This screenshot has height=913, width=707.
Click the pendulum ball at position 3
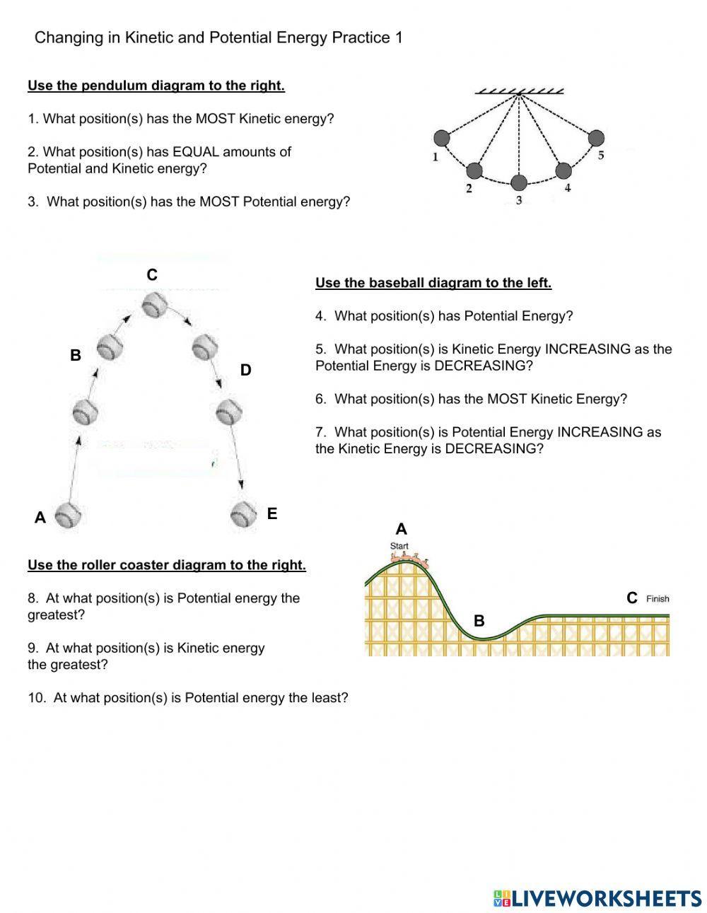tap(519, 183)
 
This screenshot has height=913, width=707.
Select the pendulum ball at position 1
tap(441, 137)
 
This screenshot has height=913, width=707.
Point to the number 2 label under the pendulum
tap(469, 188)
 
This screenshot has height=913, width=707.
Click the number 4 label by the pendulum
tap(568, 187)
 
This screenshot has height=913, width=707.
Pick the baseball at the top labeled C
tap(154, 306)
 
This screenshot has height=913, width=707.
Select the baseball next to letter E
tap(243, 514)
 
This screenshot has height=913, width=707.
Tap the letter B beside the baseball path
tap(76, 356)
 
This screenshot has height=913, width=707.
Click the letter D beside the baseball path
tap(245, 370)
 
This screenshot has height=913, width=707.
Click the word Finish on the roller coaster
tap(658, 598)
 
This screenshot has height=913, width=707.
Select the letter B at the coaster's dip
tap(479, 621)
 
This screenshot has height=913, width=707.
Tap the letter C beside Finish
tap(632, 598)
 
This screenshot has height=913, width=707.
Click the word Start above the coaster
tap(399, 546)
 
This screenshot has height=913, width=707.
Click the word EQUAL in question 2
tap(196, 151)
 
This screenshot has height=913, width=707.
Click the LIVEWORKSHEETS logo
tap(597, 898)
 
